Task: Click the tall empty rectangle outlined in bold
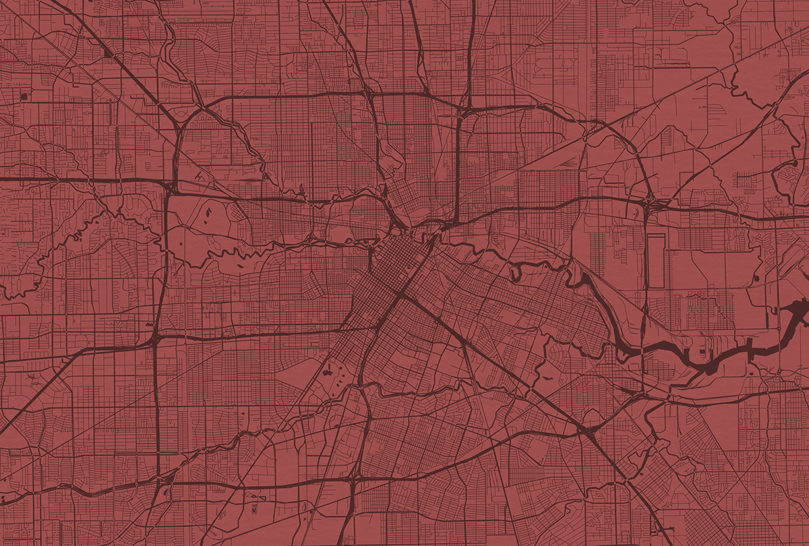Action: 655,261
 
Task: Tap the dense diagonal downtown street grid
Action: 388,270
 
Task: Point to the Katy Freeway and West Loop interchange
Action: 169,183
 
